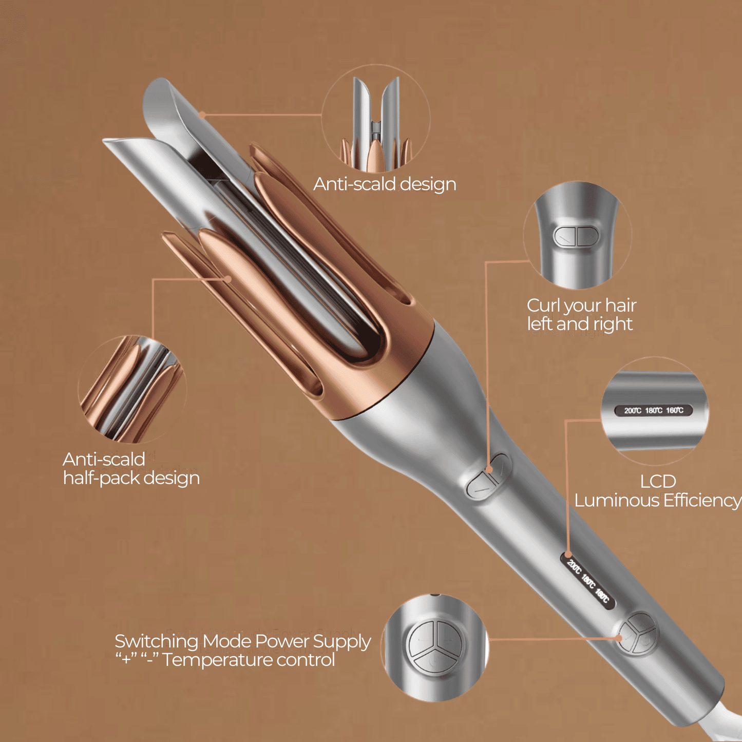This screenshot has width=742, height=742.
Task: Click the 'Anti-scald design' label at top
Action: tap(385, 184)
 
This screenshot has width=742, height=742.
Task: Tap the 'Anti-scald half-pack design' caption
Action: tap(131, 468)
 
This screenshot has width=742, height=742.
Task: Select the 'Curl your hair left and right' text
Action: tap(581, 314)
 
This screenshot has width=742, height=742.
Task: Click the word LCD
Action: tap(658, 482)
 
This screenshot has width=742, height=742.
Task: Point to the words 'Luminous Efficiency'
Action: tap(657, 500)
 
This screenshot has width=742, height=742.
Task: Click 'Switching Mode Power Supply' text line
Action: tap(242, 641)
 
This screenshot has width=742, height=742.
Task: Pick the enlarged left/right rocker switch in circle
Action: tap(576, 237)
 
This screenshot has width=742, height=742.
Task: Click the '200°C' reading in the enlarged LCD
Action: tap(633, 410)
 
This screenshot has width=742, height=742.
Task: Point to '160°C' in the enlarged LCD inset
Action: tap(675, 410)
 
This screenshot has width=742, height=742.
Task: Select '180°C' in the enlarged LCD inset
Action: tap(654, 410)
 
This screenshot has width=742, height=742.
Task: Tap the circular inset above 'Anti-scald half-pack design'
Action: tap(132, 389)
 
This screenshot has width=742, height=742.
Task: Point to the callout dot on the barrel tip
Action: tap(202, 115)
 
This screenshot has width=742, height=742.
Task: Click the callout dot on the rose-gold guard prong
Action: tap(229, 278)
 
